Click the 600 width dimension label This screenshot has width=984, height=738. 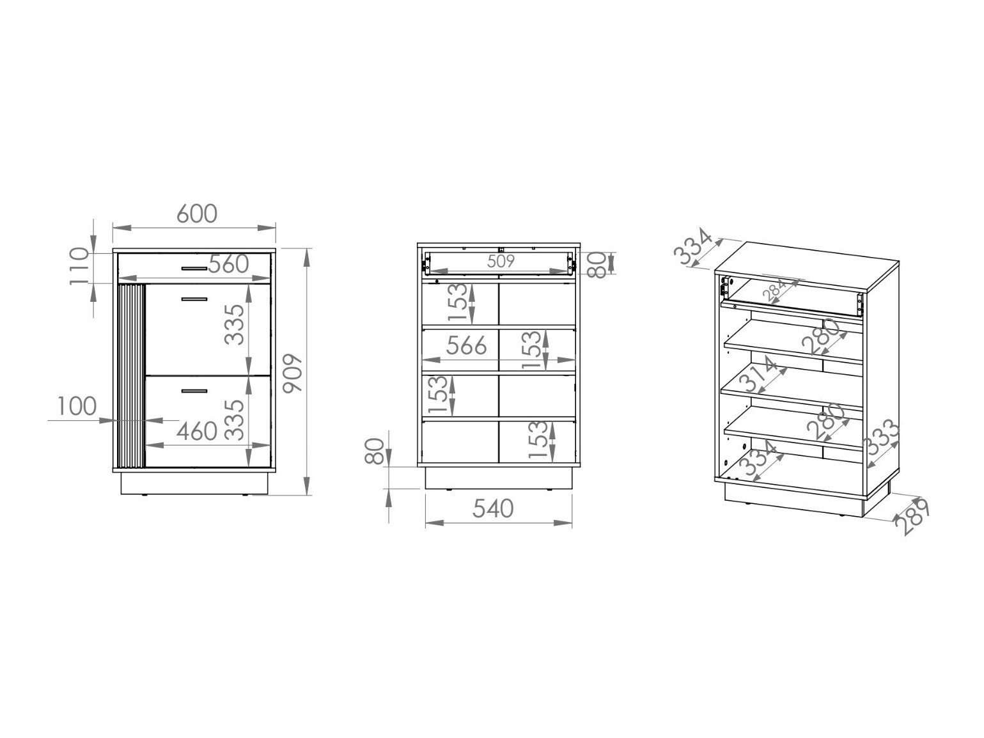[x=196, y=214]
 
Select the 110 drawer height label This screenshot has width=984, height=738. [x=79, y=266]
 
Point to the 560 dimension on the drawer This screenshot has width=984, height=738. [x=228, y=264]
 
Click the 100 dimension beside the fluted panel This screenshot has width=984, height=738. [x=77, y=406]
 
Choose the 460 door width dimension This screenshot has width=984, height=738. [x=197, y=431]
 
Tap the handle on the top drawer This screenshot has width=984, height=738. [x=194, y=269]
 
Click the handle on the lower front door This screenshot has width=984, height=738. [x=194, y=391]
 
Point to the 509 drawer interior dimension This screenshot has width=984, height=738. [x=501, y=261]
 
